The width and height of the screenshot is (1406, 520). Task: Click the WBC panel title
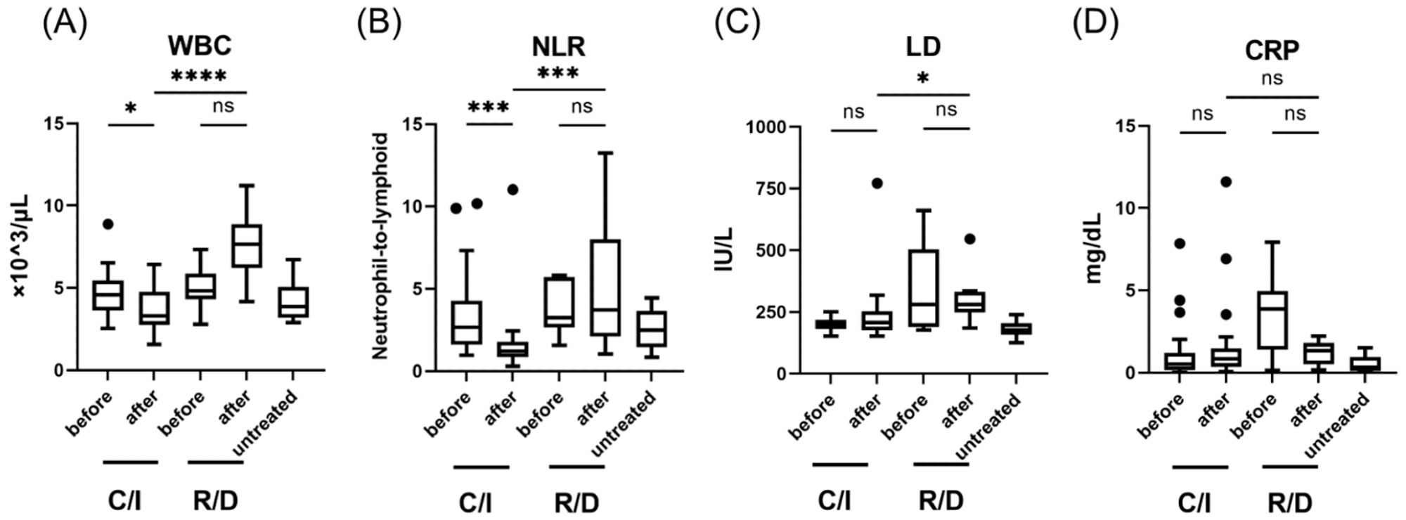[x=199, y=46]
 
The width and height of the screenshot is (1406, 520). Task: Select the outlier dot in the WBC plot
[x=107, y=224]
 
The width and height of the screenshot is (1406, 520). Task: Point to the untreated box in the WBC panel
[x=293, y=302]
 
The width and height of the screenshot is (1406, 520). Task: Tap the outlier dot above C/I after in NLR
[x=512, y=190]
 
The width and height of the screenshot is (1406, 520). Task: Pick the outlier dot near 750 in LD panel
[x=877, y=183]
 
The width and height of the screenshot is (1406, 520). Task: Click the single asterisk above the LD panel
[x=923, y=79]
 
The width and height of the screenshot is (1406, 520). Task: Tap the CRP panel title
[x=1272, y=51]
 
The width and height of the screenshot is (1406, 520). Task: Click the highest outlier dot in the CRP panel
[x=1226, y=182]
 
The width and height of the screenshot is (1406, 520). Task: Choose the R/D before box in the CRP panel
[x=1272, y=320]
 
